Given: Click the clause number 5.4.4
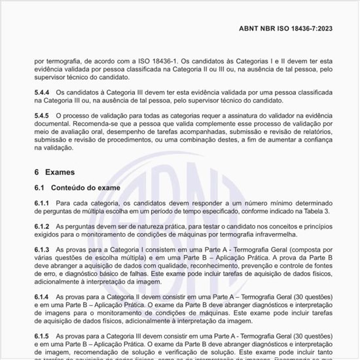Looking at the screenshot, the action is [x=42, y=92].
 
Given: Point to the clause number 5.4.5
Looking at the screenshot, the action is [x=42, y=115].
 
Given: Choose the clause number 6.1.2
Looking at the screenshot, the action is [x=42, y=226].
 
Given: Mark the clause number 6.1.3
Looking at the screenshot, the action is [x=42, y=250].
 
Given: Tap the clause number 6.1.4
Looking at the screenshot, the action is [x=42, y=296].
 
